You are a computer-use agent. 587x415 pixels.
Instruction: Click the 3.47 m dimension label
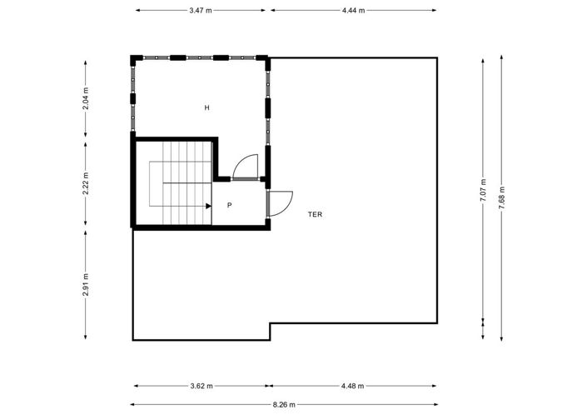[x=201, y=11]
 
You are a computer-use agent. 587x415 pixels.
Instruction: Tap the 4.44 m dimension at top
[x=353, y=11]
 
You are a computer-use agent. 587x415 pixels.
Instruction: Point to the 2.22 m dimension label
[x=87, y=183]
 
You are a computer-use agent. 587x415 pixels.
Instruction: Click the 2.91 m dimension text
[x=87, y=285]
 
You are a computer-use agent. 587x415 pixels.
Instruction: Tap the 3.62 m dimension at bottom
[x=201, y=386]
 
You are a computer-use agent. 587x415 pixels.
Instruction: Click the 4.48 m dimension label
[x=353, y=386]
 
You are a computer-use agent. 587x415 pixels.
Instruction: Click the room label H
[x=207, y=107]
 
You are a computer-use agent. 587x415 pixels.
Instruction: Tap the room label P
[x=229, y=204]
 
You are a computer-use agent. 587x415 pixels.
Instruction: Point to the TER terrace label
[x=315, y=214]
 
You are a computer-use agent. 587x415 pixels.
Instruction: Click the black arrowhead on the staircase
[x=208, y=204]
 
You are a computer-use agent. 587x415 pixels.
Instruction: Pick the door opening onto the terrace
[x=280, y=202]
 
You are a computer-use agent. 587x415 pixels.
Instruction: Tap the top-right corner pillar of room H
[x=266, y=59]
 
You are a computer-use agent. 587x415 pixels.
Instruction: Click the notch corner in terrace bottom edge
[x=270, y=324]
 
